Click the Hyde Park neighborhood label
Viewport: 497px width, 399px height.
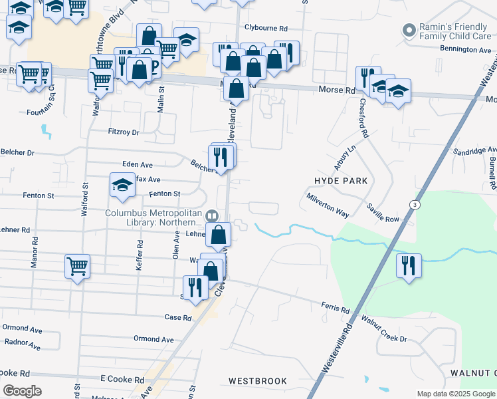[341, 181]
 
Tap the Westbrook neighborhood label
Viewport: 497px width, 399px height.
[258, 381]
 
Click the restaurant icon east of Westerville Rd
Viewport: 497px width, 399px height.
[408, 265]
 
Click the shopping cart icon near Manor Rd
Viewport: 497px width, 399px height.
[77, 266]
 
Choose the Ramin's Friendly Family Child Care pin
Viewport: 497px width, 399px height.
[408, 31]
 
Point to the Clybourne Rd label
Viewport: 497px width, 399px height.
[265, 29]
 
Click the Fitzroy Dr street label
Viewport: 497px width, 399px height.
[124, 132]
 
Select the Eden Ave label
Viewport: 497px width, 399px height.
[138, 164]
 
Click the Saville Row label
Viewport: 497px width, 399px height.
[382, 214]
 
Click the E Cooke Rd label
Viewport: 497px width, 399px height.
[122, 378]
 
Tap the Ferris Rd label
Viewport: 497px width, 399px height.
[336, 309]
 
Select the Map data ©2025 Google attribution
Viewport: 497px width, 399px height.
[455, 394]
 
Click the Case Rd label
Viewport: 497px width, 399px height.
[178, 318]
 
